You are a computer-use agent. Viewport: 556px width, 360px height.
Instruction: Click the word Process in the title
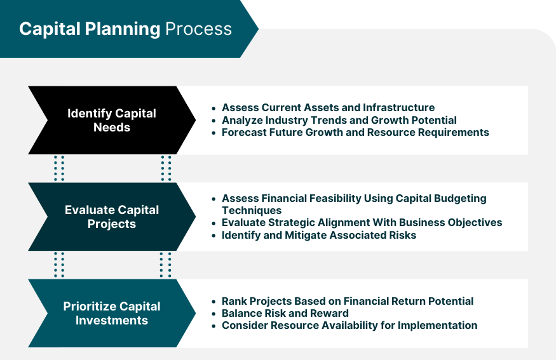198,29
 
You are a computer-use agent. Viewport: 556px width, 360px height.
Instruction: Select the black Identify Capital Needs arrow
112,120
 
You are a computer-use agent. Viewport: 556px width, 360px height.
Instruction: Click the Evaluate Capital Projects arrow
112,217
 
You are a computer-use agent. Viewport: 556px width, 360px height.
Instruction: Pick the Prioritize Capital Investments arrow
112,313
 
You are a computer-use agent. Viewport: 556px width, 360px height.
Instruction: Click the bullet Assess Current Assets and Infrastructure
329,107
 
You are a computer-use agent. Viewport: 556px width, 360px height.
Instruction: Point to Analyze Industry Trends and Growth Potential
339,120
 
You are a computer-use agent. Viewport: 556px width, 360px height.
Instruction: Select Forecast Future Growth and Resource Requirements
356,132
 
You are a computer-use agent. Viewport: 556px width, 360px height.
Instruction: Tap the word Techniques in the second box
252,210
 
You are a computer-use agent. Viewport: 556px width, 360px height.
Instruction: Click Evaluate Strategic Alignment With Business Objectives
362,222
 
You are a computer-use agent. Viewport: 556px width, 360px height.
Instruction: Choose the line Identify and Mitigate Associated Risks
319,236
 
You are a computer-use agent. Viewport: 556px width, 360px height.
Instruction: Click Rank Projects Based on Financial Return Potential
348,301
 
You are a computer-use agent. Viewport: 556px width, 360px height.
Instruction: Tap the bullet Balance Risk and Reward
285,313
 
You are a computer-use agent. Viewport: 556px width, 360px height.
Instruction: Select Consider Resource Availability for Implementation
349,325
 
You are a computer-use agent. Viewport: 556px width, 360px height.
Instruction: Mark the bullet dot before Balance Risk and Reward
214,314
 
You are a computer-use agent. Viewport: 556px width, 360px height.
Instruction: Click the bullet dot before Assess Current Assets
214,108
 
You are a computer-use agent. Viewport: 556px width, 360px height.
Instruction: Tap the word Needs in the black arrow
112,127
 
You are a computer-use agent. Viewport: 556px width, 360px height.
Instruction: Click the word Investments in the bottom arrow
112,320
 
